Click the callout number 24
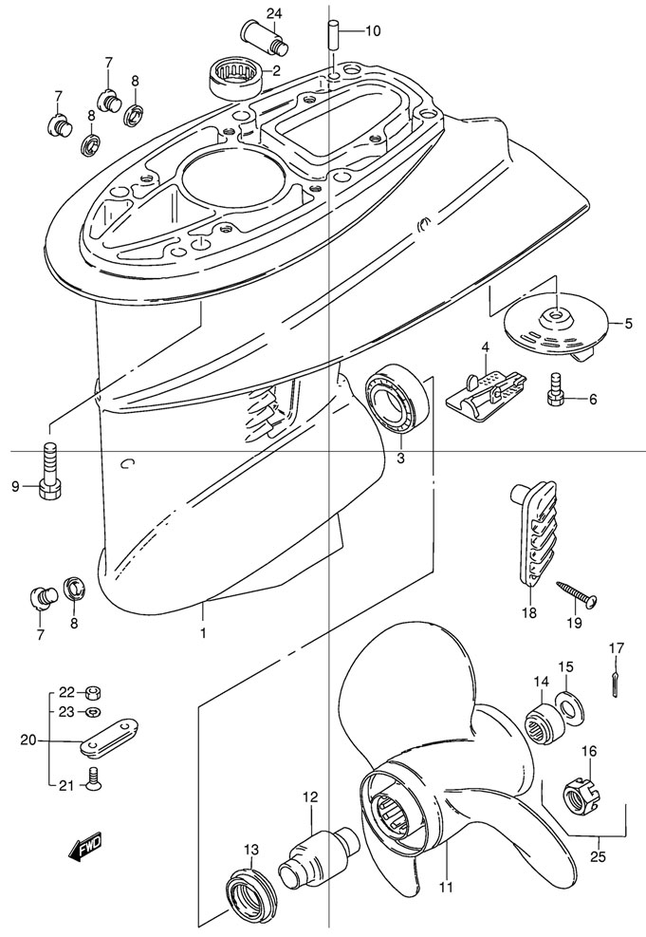click(248, 12)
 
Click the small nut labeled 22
click(94, 691)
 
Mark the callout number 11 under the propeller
click(446, 888)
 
